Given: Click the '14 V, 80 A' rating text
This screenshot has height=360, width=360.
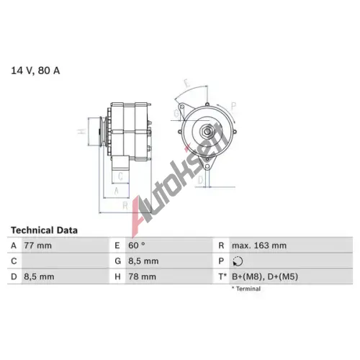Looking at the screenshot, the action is tap(35, 71).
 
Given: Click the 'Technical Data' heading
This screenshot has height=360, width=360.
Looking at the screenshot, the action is tap(44, 230).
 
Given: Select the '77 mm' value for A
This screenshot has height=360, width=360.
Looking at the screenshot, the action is tap(37, 246).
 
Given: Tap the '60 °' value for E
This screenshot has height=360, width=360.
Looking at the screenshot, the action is tap(137, 246).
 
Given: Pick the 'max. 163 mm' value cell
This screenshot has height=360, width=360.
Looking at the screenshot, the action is tap(259, 246).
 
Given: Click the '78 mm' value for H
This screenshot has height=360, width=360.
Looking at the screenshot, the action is tap(142, 276).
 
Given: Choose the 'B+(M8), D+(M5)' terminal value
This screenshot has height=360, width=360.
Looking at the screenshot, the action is tap(265, 276).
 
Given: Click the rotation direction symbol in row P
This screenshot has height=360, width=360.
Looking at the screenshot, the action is tap(238, 261).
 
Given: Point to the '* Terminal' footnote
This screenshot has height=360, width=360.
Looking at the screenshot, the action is tap(246, 289).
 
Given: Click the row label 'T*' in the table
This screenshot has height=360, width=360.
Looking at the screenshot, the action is tap(222, 276).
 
